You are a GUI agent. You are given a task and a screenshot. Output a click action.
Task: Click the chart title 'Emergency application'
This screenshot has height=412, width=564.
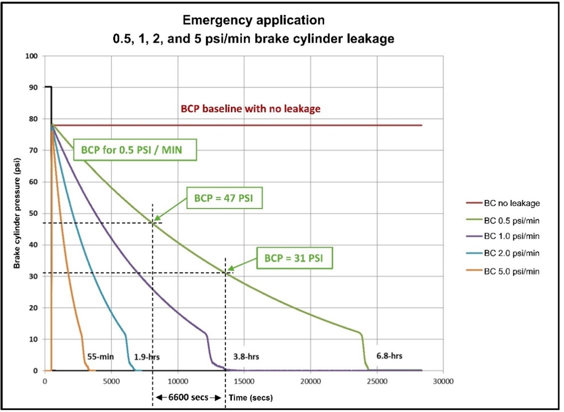[x=253, y=20]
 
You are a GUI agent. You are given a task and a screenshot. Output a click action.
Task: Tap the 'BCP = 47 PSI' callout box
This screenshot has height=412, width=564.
[x=224, y=198]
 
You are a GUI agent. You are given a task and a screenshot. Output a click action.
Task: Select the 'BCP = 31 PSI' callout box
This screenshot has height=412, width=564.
[x=294, y=258]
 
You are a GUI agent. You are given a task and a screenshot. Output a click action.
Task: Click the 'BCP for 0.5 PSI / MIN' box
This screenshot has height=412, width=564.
[x=132, y=150]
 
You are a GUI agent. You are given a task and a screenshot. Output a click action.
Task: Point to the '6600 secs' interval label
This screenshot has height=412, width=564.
[x=188, y=397]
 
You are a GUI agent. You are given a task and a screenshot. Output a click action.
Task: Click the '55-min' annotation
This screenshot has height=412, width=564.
[x=100, y=356]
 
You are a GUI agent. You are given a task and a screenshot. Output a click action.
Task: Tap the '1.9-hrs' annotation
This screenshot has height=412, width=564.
[x=147, y=357]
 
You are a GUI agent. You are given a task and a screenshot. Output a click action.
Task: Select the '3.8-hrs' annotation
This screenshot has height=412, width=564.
[x=246, y=356]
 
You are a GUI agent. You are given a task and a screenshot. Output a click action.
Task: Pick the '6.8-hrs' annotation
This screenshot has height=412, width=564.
[x=389, y=356]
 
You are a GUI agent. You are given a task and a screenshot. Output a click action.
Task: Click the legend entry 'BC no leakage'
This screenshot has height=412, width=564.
[x=511, y=203]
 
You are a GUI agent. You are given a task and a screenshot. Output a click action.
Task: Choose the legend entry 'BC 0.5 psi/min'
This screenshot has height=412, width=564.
[x=511, y=221]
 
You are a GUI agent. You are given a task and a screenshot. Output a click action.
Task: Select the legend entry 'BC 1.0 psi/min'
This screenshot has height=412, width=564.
[x=511, y=236]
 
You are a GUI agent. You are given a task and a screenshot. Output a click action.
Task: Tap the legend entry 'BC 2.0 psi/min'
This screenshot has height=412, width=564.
[x=511, y=253]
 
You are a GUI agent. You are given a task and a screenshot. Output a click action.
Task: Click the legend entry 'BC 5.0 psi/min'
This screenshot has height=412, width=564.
[x=511, y=271]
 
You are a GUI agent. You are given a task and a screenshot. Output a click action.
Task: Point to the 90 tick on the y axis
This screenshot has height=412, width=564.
[x=33, y=88]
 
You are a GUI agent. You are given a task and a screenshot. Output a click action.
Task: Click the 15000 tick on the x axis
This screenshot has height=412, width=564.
[x=244, y=381]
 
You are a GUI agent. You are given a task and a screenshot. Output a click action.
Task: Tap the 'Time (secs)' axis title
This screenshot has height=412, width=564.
[x=250, y=397]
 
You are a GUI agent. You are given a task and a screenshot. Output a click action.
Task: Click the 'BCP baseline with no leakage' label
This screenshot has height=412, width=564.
[x=250, y=109]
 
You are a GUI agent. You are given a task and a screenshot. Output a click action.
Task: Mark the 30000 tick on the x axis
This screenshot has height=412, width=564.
[x=443, y=381]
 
